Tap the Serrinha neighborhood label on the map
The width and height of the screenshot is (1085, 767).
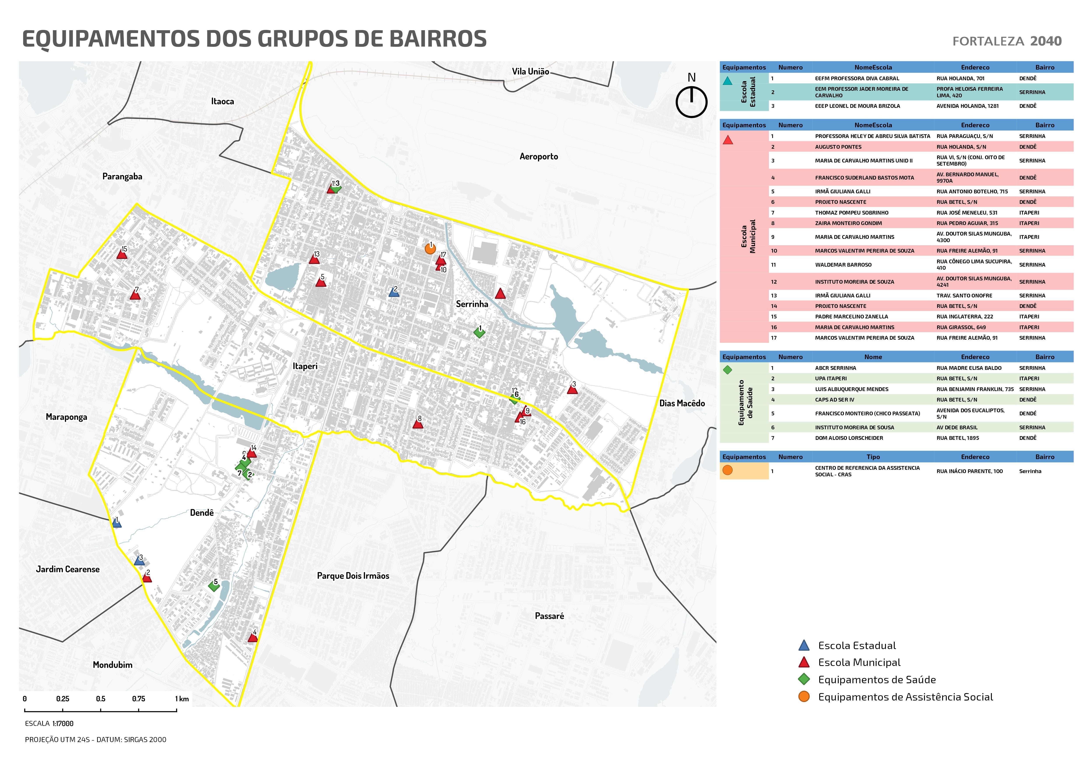[x=472, y=304]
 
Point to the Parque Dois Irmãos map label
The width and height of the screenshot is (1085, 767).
[x=353, y=576]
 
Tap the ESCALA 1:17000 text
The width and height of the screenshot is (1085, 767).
[x=49, y=723]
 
